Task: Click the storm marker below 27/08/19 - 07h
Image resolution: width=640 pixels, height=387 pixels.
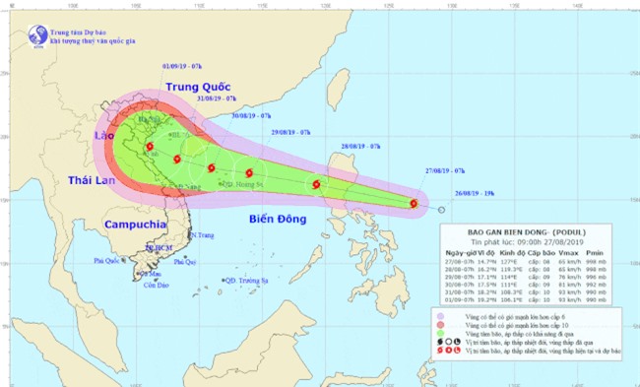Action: (x=413, y=205)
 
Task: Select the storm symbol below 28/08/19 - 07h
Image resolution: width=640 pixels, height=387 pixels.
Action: (x=316, y=184)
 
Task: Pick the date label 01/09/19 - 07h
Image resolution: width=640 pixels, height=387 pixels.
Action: (x=188, y=67)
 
